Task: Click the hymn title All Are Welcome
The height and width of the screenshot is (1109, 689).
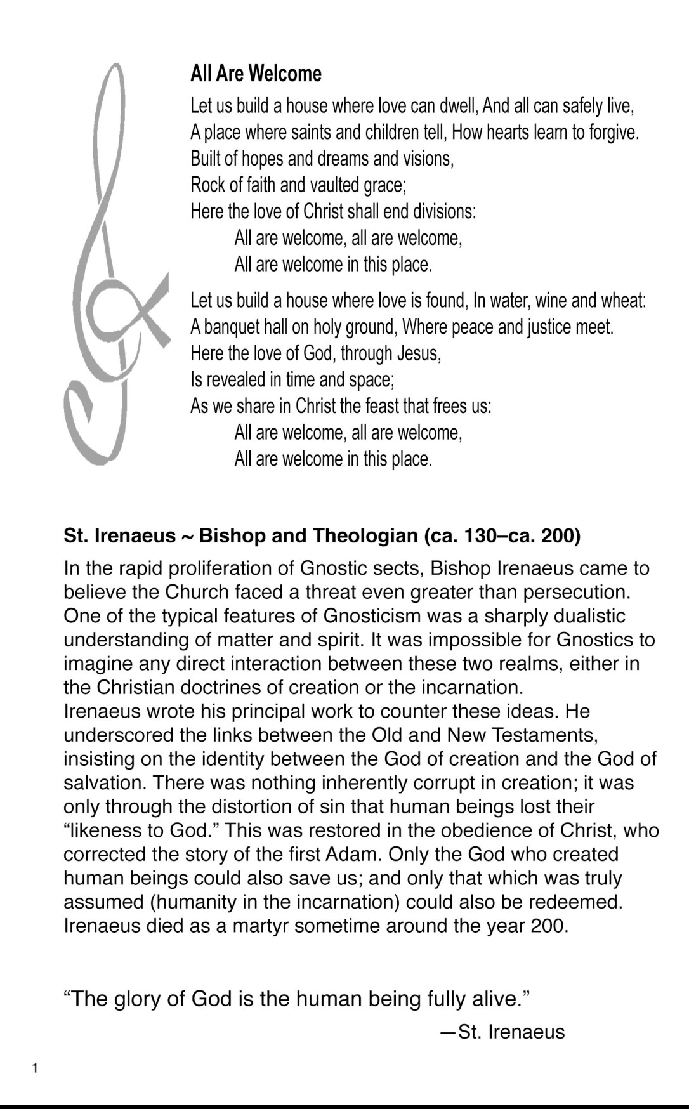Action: [256, 74]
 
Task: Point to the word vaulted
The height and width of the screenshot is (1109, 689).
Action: [334, 185]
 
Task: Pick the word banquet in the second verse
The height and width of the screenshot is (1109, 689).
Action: [230, 327]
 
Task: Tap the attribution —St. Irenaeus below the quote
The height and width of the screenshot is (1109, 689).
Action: [502, 1032]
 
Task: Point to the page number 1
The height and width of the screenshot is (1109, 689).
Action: [35, 1068]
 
